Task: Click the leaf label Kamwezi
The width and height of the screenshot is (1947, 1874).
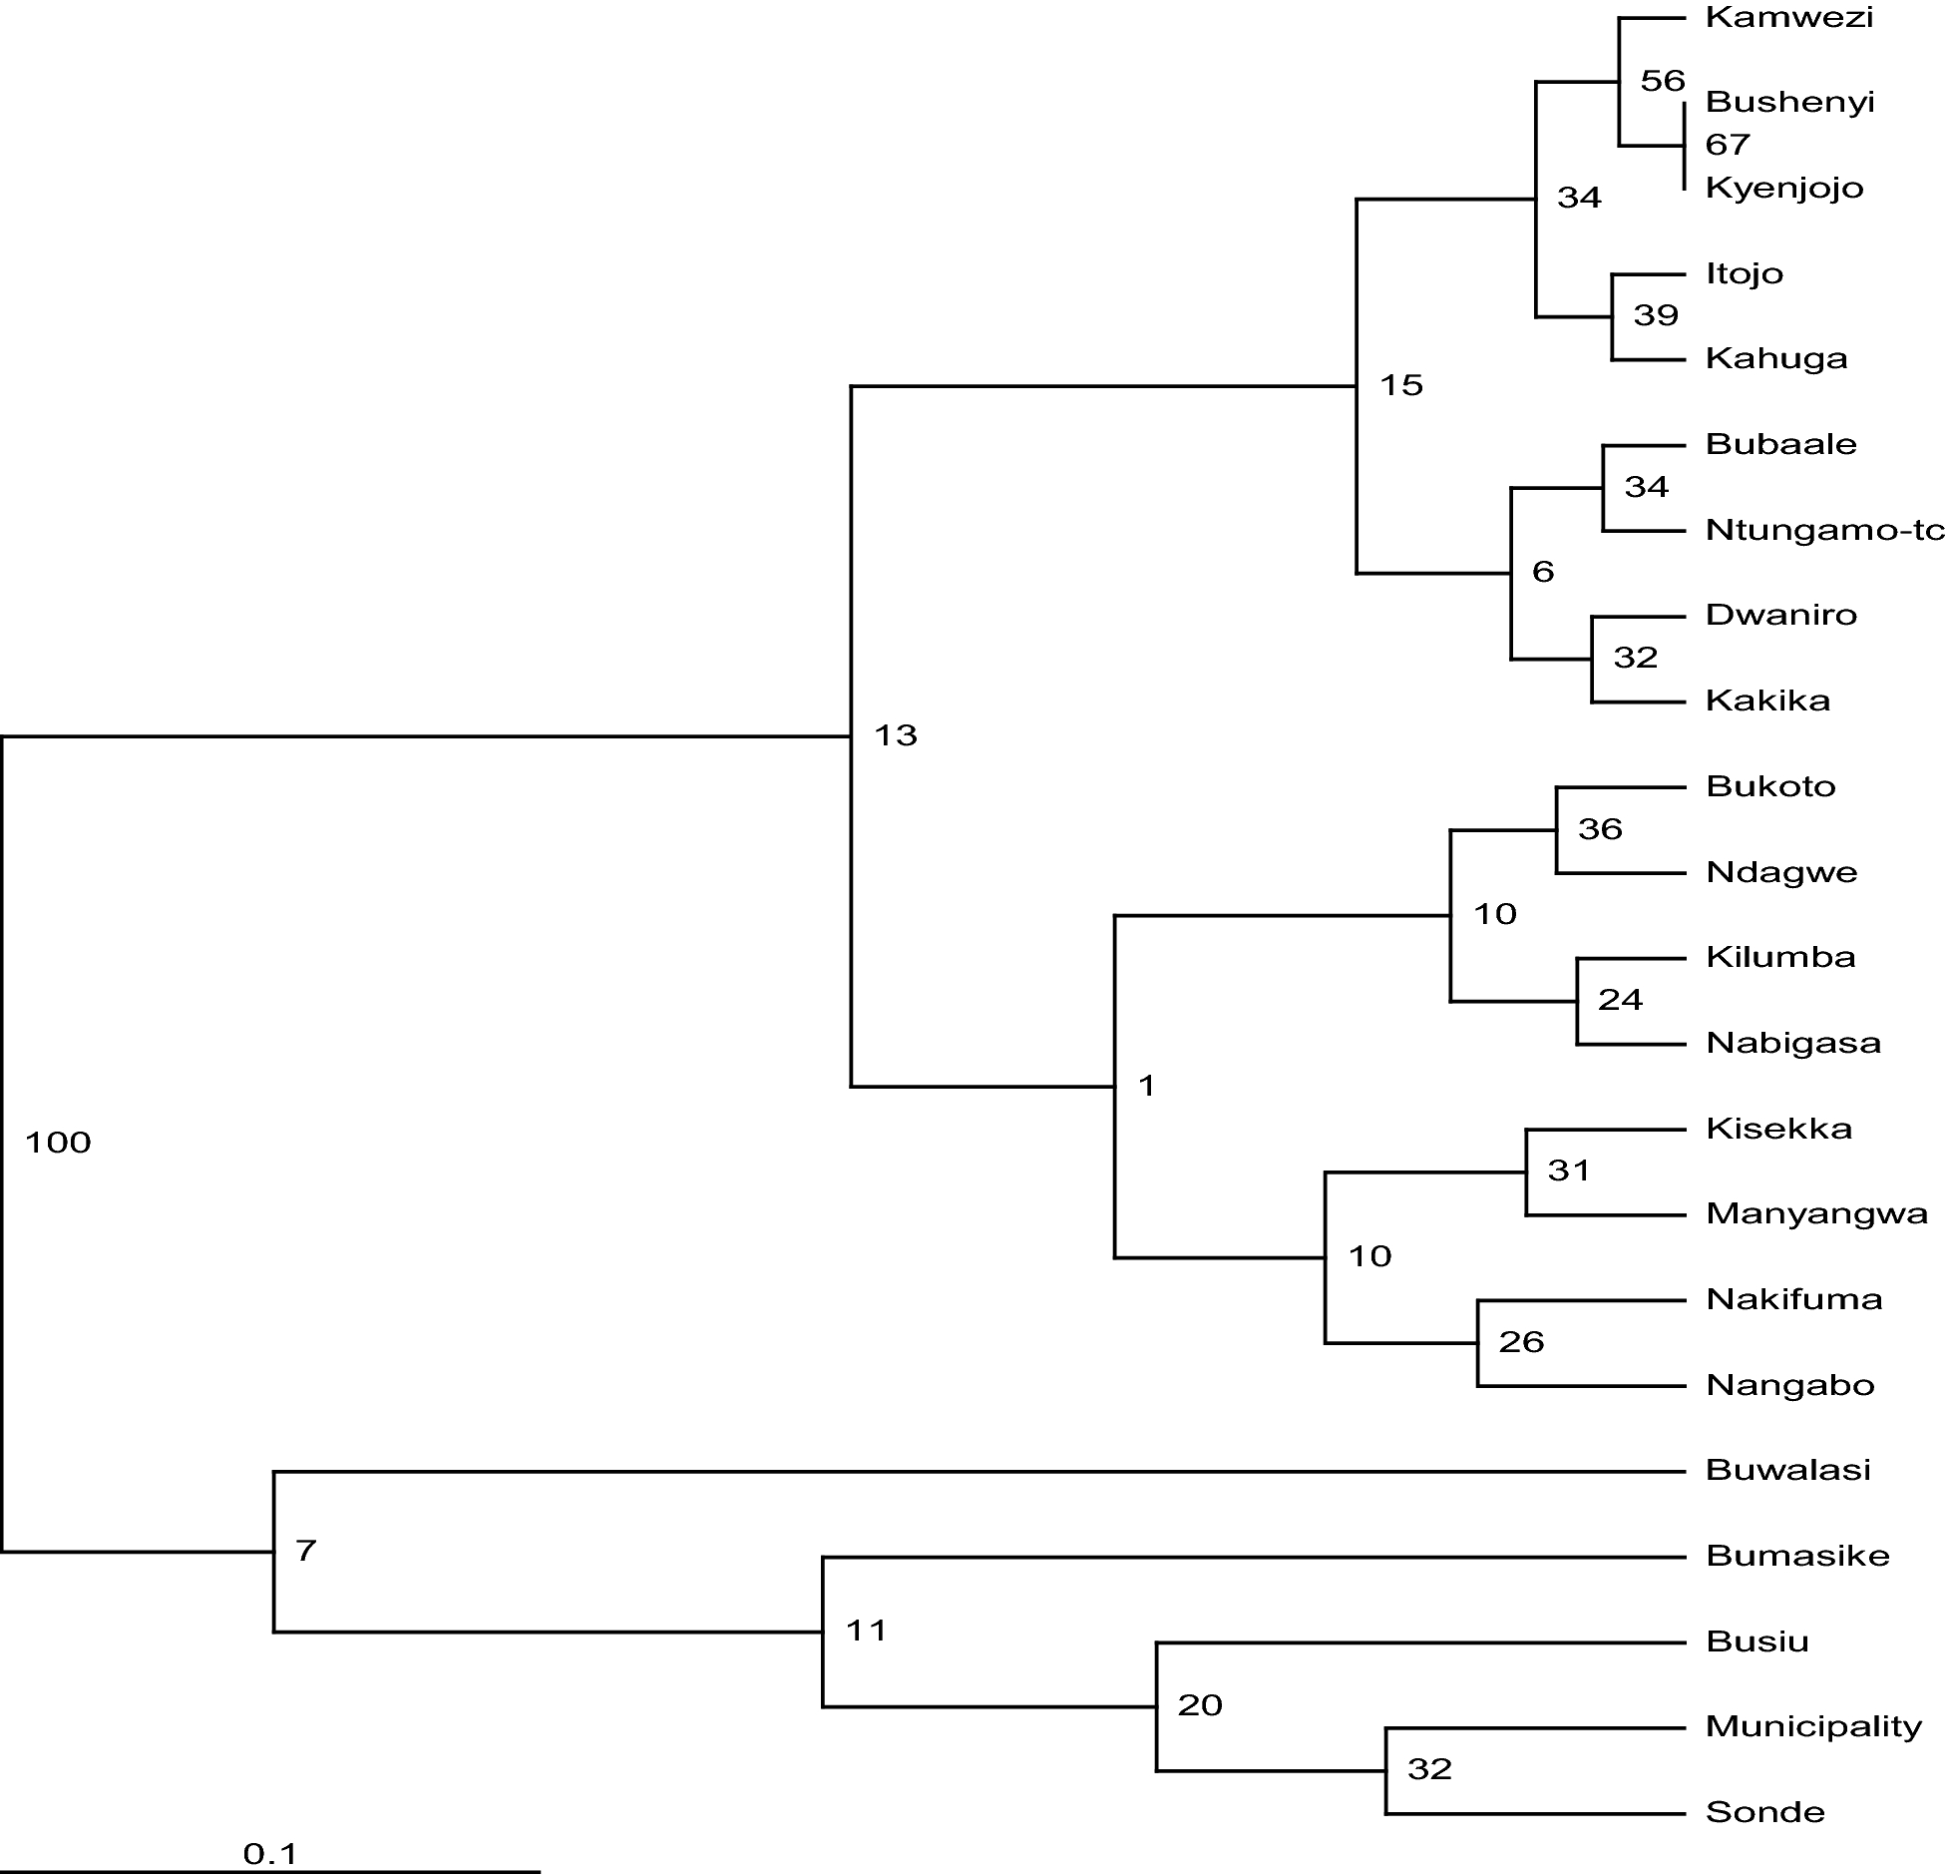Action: click(1789, 18)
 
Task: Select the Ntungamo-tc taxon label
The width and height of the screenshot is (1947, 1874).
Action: click(1824, 530)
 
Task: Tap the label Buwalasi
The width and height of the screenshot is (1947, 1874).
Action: click(1788, 1470)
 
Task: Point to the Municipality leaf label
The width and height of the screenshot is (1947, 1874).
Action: click(1813, 1726)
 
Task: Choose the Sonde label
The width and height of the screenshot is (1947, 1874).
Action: click(1765, 1812)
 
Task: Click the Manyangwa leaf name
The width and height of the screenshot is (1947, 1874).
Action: click(1816, 1214)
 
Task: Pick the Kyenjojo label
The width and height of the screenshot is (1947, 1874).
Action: click(1784, 189)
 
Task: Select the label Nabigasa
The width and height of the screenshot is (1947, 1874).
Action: click(1793, 1044)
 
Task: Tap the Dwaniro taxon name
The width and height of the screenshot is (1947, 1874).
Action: click(1781, 615)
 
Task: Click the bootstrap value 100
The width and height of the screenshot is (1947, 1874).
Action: click(58, 1143)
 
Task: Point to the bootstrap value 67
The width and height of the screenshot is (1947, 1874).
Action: click(1728, 145)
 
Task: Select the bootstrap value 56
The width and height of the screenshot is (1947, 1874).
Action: click(1662, 81)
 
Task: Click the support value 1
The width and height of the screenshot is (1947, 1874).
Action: click(1146, 1086)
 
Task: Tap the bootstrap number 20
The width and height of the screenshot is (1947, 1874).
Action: click(1199, 1705)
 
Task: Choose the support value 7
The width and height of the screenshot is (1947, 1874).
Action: click(305, 1551)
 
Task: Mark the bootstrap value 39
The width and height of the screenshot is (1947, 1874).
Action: click(1656, 315)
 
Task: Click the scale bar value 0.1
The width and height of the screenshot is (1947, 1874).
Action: click(270, 1854)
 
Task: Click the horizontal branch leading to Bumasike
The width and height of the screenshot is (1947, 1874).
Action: click(1247, 1557)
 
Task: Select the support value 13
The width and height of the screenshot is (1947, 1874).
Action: click(895, 735)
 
